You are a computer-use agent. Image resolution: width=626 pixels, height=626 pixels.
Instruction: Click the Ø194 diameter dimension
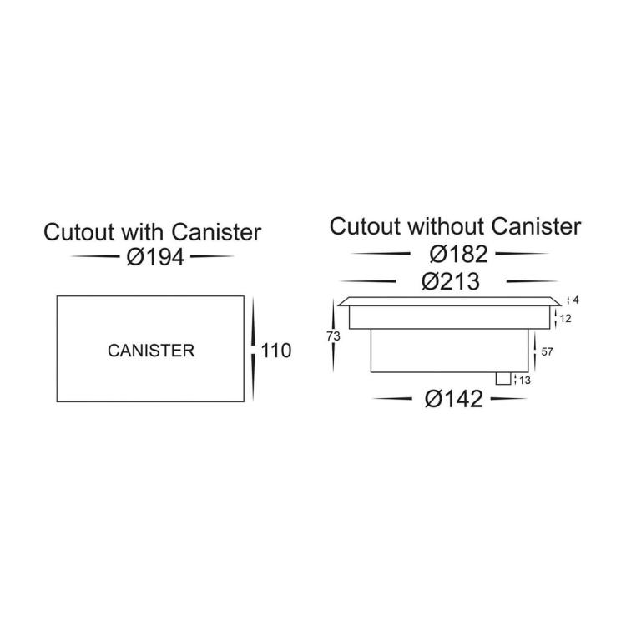point(156,257)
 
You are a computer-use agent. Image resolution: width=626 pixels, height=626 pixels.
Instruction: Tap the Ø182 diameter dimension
point(459,254)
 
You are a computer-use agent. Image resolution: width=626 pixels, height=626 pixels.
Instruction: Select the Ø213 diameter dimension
point(451,282)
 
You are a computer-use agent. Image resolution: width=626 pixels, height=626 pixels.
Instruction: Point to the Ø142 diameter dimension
point(454,399)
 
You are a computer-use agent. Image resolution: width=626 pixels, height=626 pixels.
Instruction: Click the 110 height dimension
point(276,351)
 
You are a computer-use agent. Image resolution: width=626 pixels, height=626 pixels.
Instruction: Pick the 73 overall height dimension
point(333,336)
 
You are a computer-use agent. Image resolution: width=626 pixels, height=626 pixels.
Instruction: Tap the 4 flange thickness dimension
point(576,300)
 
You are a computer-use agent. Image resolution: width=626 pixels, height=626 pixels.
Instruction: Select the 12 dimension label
point(565,319)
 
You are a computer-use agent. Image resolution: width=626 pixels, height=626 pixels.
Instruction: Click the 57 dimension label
point(547,351)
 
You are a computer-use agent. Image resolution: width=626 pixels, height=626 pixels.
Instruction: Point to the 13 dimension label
point(525,380)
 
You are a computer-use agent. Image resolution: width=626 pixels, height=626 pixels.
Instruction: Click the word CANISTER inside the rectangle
point(151,351)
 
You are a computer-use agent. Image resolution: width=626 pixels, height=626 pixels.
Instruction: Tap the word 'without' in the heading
point(447,226)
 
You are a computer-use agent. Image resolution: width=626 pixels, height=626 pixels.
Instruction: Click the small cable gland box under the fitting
point(503,379)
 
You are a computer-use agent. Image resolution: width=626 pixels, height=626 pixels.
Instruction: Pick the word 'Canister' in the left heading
point(216,232)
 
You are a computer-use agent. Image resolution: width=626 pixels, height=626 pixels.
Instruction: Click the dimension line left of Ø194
point(95,256)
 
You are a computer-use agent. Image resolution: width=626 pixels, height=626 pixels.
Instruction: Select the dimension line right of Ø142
point(508,398)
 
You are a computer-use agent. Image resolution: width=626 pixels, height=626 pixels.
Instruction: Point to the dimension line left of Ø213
point(367,281)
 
